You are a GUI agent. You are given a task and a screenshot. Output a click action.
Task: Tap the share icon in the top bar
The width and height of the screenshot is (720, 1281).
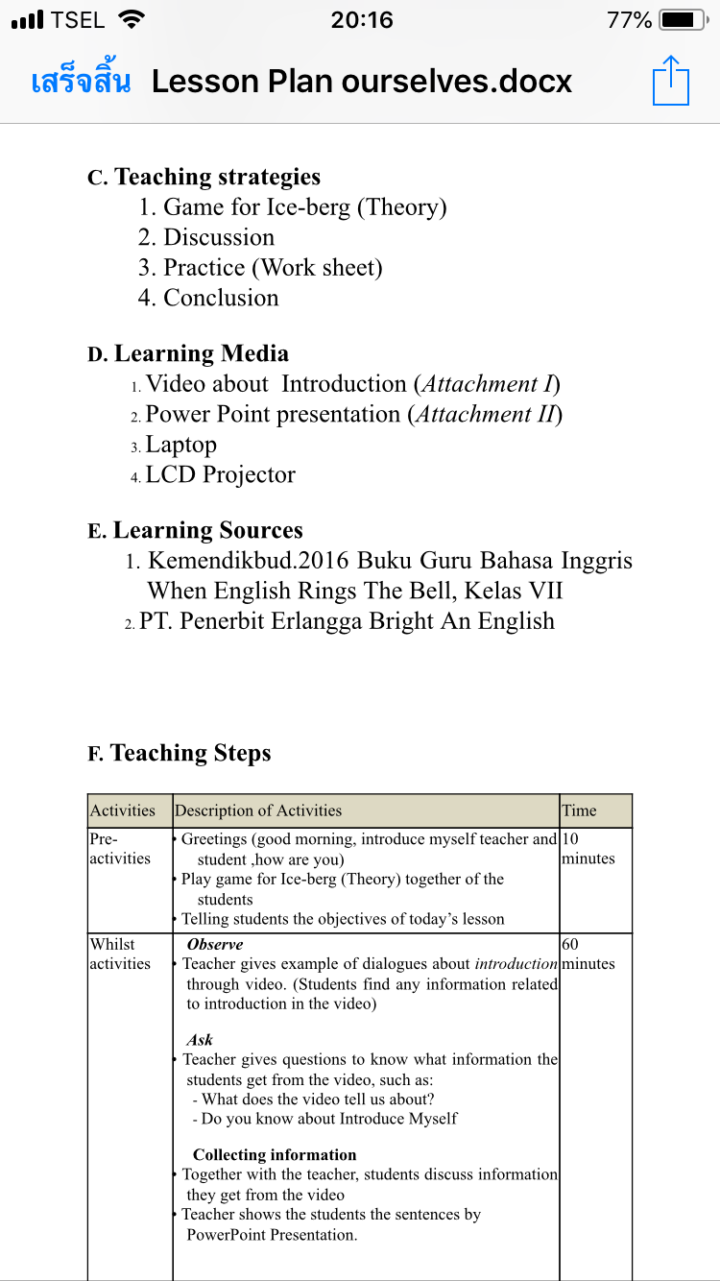pos(671,80)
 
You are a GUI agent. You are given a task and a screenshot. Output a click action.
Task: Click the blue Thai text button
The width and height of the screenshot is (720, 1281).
pos(81,82)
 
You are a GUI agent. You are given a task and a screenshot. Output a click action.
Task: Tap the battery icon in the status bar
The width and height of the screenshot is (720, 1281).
pos(683,19)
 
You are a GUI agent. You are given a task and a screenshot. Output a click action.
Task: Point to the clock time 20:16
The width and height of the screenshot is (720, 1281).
pos(361,19)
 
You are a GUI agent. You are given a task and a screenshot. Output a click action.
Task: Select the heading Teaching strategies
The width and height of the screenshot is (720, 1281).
pos(217,177)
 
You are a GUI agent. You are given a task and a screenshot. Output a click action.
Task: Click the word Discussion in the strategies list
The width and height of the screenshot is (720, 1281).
pos(219,237)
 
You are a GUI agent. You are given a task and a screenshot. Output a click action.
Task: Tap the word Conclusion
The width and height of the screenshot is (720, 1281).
pos(221,298)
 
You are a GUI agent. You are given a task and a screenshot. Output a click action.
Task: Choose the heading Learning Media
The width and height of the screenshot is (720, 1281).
pos(201,353)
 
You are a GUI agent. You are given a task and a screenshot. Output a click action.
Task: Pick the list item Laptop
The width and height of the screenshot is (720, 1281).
pos(180,445)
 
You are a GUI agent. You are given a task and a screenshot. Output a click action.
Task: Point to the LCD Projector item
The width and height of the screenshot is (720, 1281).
pos(220,474)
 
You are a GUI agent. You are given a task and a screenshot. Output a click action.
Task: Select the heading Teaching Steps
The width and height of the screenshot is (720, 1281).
pos(190,753)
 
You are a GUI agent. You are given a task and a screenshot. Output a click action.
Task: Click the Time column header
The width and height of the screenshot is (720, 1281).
pos(579,810)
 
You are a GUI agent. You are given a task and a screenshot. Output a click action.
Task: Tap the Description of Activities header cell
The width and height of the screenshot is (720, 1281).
pos(258,810)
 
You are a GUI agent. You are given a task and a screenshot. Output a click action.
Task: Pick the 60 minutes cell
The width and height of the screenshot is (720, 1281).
pos(588,954)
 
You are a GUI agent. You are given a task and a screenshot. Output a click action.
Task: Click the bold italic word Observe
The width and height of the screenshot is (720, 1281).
pos(215,944)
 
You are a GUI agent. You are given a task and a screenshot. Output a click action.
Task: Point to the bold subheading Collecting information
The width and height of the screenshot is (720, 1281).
pos(275,1154)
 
